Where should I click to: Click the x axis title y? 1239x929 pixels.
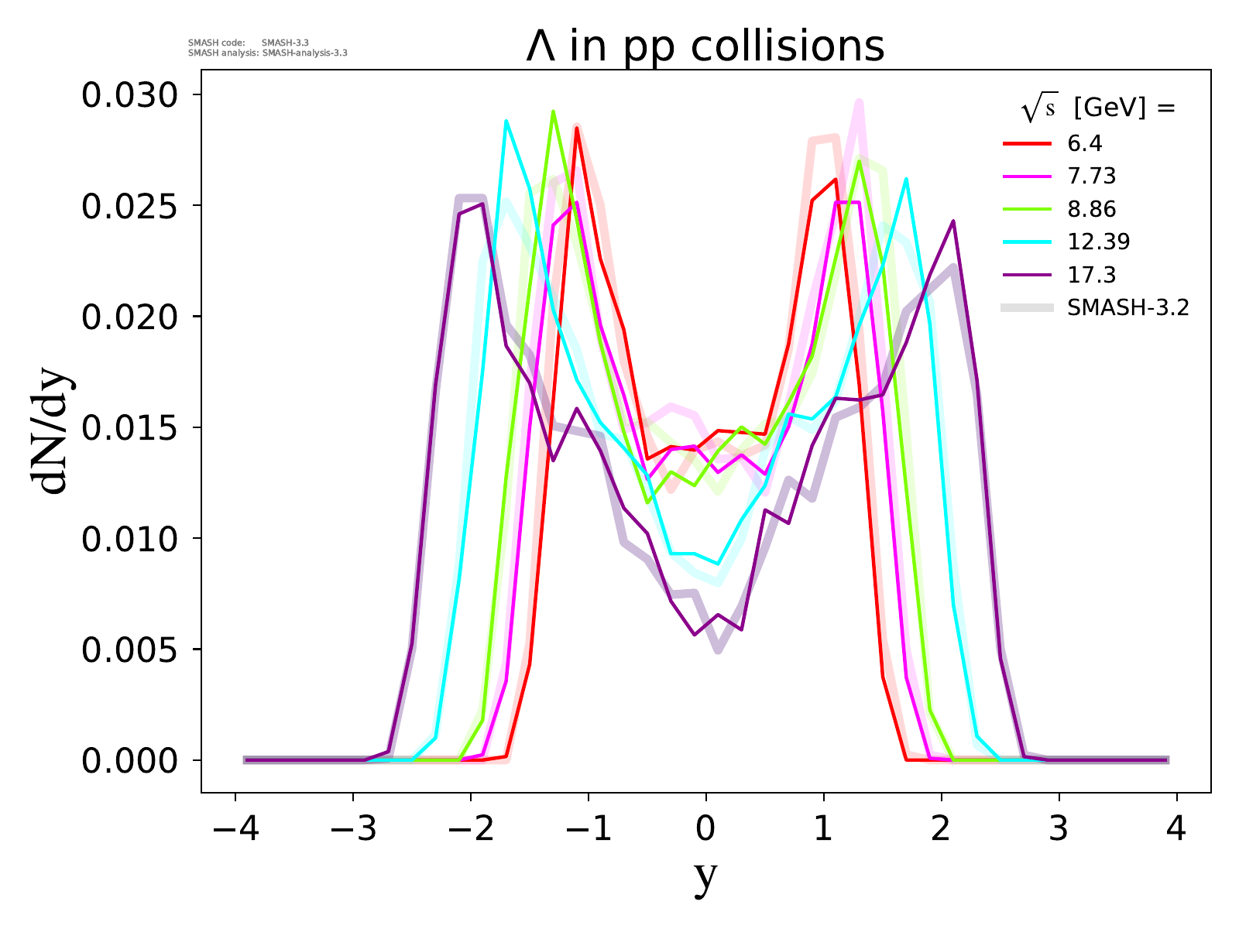pyautogui.click(x=705, y=876)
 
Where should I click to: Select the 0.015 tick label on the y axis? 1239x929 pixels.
pyautogui.click(x=130, y=428)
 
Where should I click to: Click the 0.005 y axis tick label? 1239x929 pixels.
pyautogui.click(x=130, y=650)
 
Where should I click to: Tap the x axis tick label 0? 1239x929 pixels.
pyautogui.click(x=705, y=830)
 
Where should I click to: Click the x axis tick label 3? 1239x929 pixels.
pyautogui.click(x=1059, y=830)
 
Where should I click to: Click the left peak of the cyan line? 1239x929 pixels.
pyautogui.click(x=506, y=121)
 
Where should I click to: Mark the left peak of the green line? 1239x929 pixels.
pyautogui.click(x=553, y=111)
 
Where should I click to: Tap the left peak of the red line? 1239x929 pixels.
pyautogui.click(x=576, y=128)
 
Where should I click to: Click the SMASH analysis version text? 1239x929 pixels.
pyautogui.click(x=268, y=53)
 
